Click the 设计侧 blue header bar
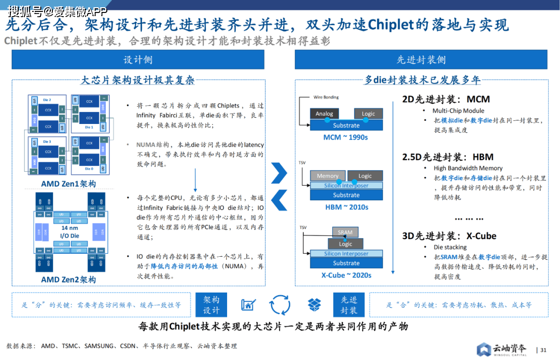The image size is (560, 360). tap(138, 60)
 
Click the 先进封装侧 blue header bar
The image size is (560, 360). tap(421, 60)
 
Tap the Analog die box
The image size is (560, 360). tap(325, 114)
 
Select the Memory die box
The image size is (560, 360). tap(328, 176)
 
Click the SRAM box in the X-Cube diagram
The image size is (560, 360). tap(345, 232)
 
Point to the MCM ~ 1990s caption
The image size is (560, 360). tap(345, 137)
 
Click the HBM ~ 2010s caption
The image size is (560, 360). tap(346, 207)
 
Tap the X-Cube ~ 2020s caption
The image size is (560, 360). tap(346, 275)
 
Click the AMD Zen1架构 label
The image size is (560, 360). tap(68, 184)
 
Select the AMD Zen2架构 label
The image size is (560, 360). tap(68, 279)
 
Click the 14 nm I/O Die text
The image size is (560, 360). tap(69, 231)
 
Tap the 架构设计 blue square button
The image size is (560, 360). tap(212, 305)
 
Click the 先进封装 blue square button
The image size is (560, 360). tap(349, 305)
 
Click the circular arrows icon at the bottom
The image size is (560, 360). tap(281, 304)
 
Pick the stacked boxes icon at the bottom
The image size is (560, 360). tap(314, 304)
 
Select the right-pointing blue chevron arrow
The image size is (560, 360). tap(279, 173)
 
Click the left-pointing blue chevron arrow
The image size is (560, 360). tap(279, 200)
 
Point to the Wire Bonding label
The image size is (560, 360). tap(326, 97)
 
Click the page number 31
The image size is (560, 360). tap(543, 350)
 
